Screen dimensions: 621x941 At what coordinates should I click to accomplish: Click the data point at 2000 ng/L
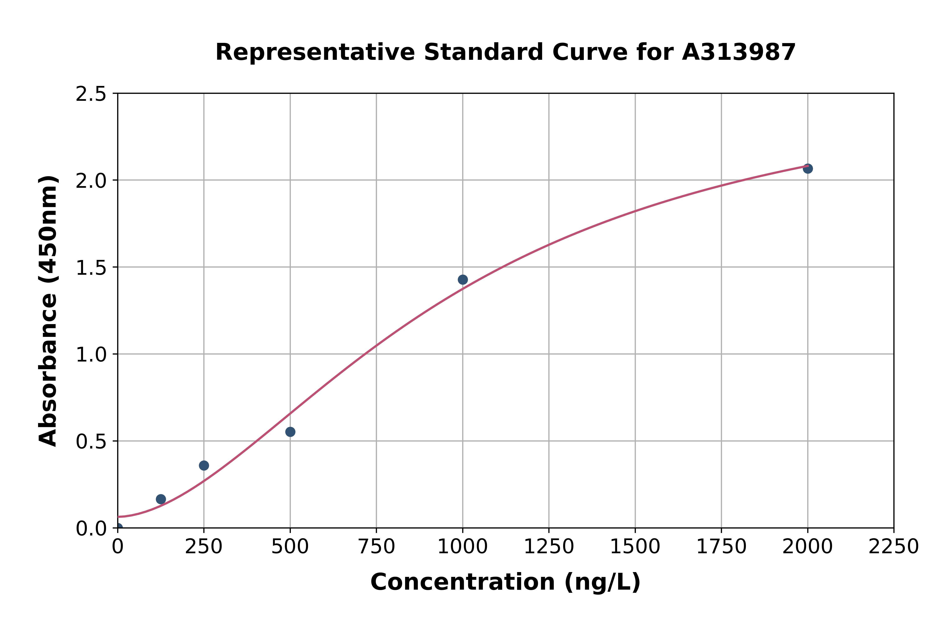click(808, 169)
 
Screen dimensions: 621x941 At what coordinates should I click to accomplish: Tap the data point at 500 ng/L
click(290, 432)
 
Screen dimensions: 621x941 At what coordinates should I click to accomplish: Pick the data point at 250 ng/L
click(204, 465)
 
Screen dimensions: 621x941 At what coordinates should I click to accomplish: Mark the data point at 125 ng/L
click(161, 499)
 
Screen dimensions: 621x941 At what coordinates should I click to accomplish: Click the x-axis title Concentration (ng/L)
click(505, 582)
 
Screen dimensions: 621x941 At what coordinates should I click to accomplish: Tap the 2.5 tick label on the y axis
click(91, 94)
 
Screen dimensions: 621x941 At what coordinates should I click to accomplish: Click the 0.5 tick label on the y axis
click(91, 442)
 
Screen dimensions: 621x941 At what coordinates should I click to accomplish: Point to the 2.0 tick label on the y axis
click(91, 181)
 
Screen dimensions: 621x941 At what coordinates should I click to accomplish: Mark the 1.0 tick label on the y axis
click(91, 355)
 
